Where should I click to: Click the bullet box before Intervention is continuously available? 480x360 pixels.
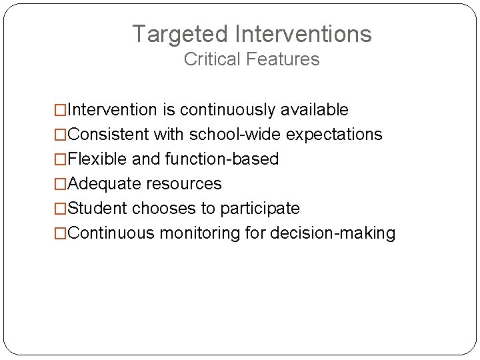point(61,110)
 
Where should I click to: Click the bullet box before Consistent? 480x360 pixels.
point(61,135)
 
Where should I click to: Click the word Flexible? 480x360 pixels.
point(93,159)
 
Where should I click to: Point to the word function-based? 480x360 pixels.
point(222,159)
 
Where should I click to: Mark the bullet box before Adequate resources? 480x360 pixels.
point(61,184)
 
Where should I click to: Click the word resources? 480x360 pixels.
point(184,184)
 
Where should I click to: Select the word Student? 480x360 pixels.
point(97,209)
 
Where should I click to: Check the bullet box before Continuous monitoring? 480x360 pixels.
point(61,234)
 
